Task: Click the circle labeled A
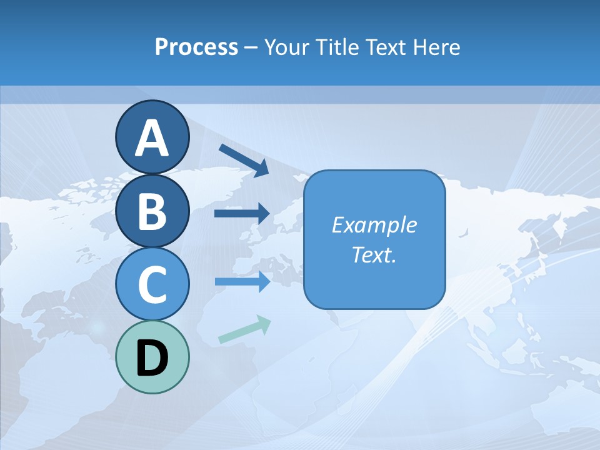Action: pyautogui.click(x=152, y=137)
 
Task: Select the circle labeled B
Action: pyautogui.click(x=152, y=211)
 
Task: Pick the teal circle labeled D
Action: pyautogui.click(x=152, y=357)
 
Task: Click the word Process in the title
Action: pyautogui.click(x=196, y=47)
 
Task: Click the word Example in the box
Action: pyautogui.click(x=374, y=225)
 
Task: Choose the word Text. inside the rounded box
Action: pyautogui.click(x=374, y=254)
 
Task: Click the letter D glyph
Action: pyautogui.click(x=152, y=358)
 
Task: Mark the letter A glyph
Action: pyautogui.click(x=152, y=137)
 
